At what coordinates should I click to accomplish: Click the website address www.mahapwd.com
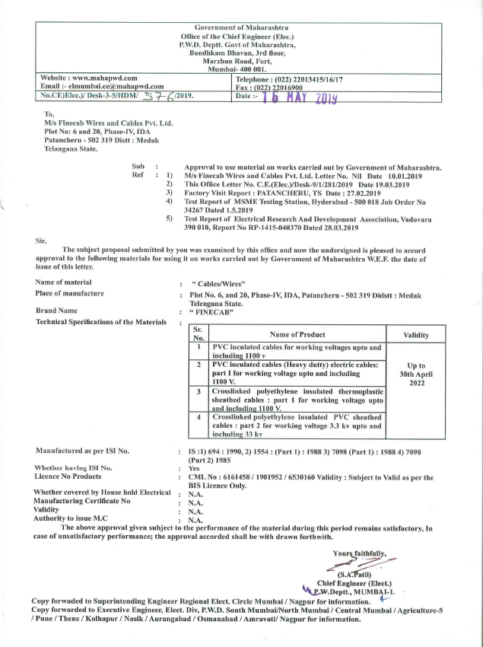[106, 78]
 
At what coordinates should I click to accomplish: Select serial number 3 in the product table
[198, 391]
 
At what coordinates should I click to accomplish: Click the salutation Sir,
[42, 240]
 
